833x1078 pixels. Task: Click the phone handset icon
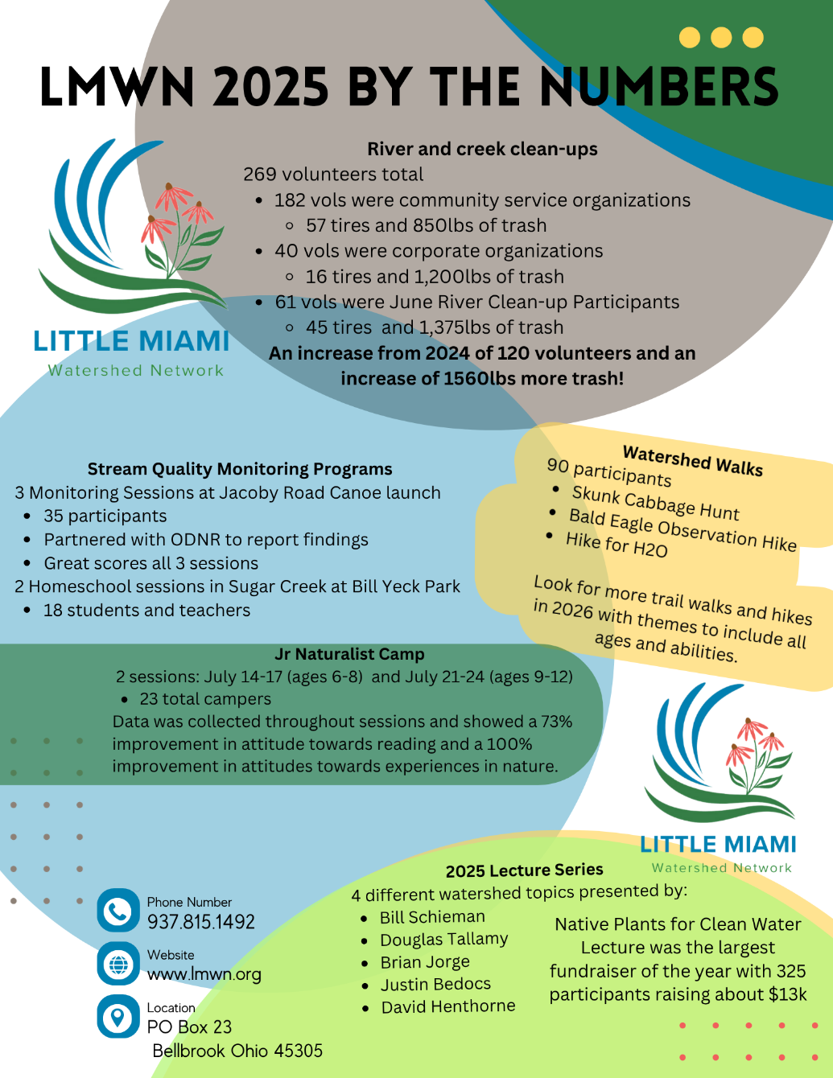[x=118, y=911]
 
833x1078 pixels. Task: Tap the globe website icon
[x=118, y=964]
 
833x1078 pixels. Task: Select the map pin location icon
[x=118, y=1017]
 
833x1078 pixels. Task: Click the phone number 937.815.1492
[x=201, y=922]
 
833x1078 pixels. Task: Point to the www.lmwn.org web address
[x=204, y=974]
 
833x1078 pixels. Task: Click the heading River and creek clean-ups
[x=482, y=149]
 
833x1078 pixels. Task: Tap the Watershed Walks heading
[x=693, y=461]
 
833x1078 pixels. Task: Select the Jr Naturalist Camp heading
[x=349, y=654]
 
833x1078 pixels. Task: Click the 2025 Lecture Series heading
[x=524, y=870]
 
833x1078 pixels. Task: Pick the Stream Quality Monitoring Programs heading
[x=240, y=469]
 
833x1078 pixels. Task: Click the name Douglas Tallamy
[x=443, y=940]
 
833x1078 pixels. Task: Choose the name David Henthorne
[x=448, y=1006]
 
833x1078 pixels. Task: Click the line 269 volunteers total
[x=333, y=175]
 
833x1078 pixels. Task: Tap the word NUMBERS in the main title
[x=660, y=87]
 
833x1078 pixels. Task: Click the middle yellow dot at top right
[x=721, y=38]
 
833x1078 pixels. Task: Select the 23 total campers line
[x=205, y=699]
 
